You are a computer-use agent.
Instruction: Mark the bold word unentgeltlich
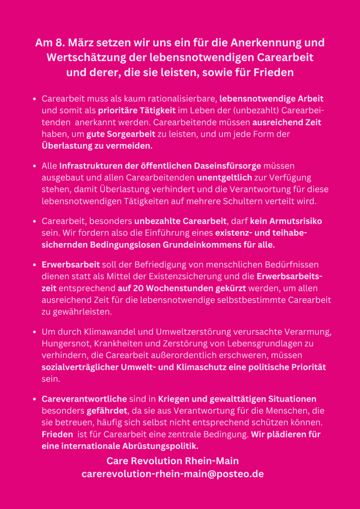(225, 177)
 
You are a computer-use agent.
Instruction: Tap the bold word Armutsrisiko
(285, 221)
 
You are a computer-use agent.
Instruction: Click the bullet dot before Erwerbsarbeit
(34, 264)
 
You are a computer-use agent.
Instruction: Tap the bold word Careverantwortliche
(84, 399)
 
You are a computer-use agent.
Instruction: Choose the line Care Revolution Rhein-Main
(173, 461)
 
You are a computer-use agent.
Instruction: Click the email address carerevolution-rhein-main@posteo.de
(173, 474)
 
